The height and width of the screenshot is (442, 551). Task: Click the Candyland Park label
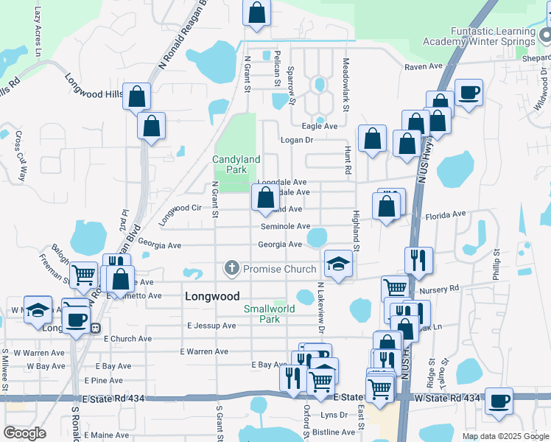tap(236, 164)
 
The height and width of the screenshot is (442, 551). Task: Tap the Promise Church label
tap(279, 269)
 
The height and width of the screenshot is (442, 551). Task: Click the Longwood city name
tap(211, 296)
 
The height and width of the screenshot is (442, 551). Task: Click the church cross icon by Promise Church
tap(232, 269)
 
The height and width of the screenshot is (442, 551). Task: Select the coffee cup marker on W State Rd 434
tap(499, 401)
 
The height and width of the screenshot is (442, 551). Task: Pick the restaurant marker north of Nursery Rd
tap(418, 260)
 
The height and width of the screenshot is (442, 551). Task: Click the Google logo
tap(24, 432)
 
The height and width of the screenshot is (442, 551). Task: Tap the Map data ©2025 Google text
tap(505, 436)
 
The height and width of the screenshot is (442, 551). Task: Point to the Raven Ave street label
tap(422, 66)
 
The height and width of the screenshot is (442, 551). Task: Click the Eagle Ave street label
tap(322, 126)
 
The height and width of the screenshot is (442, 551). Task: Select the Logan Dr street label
tap(297, 139)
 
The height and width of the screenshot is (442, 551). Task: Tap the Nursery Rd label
tap(443, 288)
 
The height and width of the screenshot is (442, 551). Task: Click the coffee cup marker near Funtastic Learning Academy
tap(468, 93)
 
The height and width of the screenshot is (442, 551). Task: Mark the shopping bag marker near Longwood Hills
tap(136, 97)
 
